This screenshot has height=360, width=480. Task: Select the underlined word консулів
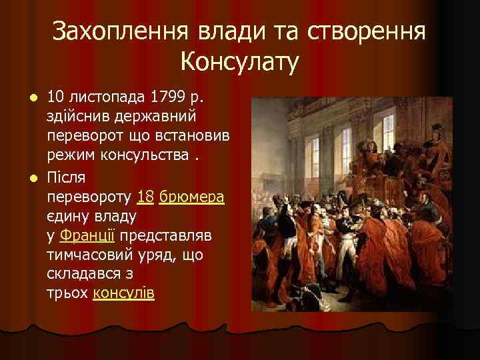click(x=123, y=294)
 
